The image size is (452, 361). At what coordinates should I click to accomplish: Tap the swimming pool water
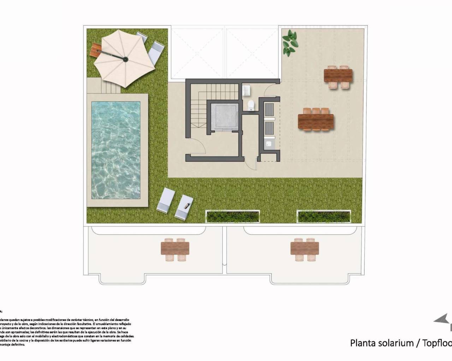click(x=115, y=150)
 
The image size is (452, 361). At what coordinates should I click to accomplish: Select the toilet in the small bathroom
click(x=251, y=105)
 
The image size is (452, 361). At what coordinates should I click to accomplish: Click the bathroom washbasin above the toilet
click(x=246, y=91)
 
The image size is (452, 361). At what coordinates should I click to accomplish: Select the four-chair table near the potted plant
click(x=338, y=77)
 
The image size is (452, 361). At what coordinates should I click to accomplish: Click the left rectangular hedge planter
click(x=233, y=216)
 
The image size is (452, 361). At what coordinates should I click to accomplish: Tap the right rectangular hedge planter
click(x=324, y=216)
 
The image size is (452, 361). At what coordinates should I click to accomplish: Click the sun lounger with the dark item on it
click(x=184, y=207)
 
